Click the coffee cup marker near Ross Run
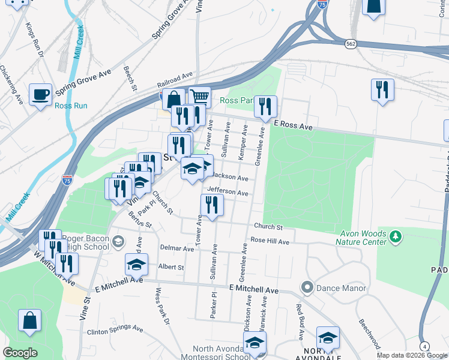tap(41, 94)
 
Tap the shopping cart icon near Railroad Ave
tap(200, 97)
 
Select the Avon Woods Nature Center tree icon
tap(395, 238)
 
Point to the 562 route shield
tap(352, 44)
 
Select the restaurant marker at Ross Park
tap(265, 106)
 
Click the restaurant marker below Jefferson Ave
tap(212, 205)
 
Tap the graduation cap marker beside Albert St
tap(136, 263)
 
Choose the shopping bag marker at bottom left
tap(30, 320)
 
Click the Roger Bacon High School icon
tap(119, 241)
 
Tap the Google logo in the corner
tap(20, 353)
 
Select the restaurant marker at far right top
tap(382, 90)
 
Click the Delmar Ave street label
tap(176, 247)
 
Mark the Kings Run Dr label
tap(35, 40)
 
